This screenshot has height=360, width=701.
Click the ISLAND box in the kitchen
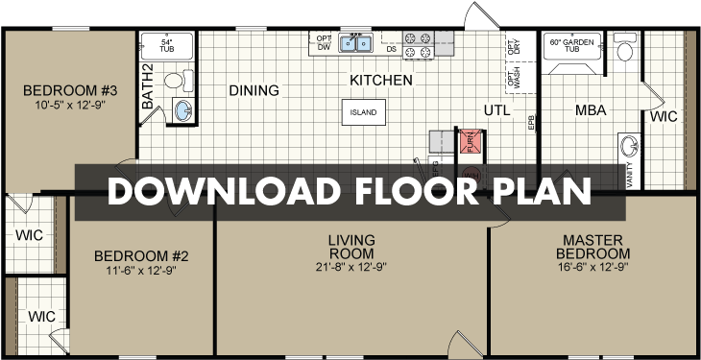point(363,112)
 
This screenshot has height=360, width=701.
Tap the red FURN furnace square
point(470,142)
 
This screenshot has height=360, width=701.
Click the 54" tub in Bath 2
point(166,48)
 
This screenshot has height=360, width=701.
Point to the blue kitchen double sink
point(353,43)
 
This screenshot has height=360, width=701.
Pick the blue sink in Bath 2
point(182,110)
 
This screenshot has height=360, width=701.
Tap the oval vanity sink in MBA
point(629,147)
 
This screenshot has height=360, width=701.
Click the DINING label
point(254,91)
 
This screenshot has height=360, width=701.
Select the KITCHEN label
point(381,80)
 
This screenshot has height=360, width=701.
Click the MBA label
point(591,110)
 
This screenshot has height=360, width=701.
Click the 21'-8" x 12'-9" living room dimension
point(350,267)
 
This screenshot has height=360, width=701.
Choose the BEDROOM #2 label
point(140,256)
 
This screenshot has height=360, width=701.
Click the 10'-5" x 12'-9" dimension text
point(68,105)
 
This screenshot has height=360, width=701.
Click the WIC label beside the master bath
point(664,117)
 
